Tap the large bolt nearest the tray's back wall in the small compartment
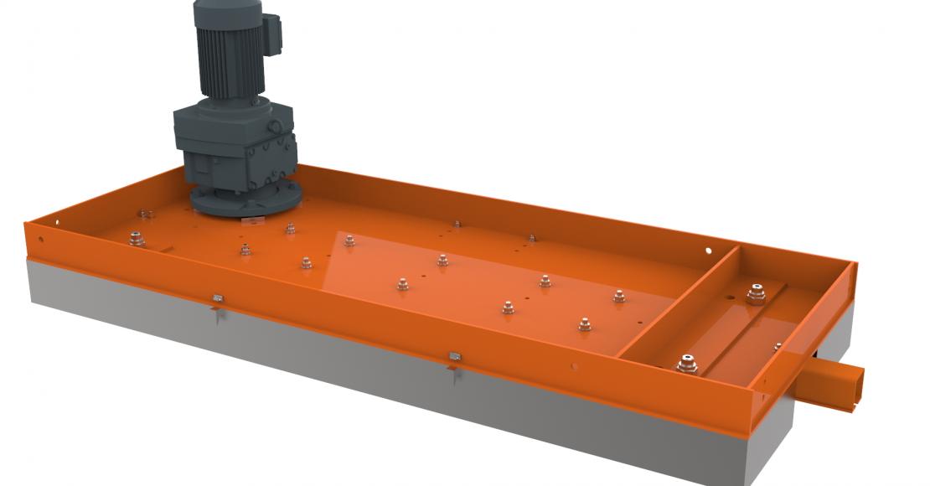(x=757, y=294)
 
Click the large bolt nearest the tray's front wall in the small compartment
(x=687, y=364)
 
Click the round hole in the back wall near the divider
(x=709, y=250)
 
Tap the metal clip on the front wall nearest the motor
(x=217, y=298)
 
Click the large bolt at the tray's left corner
(x=137, y=240)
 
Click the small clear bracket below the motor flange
(x=251, y=220)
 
